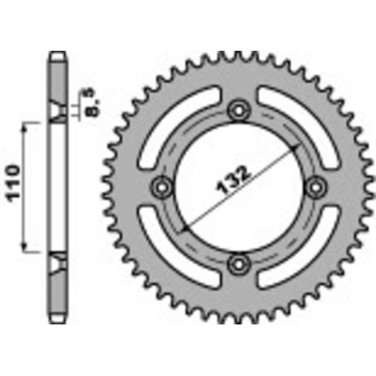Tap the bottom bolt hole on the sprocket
239,264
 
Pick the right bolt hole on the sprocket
316,186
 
